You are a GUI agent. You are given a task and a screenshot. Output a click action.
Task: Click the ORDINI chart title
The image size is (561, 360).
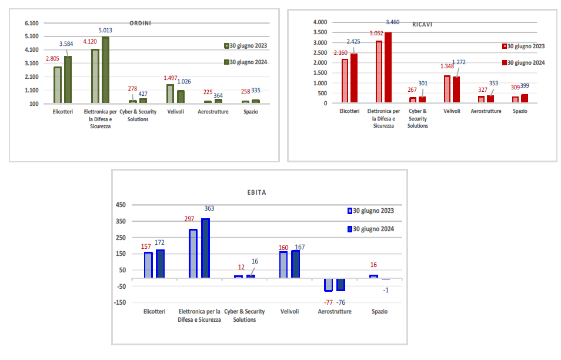(141, 24)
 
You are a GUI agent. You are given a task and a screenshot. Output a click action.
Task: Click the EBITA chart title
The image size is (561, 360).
(257, 192)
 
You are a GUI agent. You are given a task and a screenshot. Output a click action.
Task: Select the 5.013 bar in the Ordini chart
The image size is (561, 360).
(106, 69)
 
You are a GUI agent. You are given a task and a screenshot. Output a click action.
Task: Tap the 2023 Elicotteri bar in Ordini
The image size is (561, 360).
(58, 85)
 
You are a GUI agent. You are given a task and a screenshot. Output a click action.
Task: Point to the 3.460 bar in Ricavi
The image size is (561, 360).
(388, 68)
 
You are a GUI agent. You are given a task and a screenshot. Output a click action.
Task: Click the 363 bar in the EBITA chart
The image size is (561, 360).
(205, 248)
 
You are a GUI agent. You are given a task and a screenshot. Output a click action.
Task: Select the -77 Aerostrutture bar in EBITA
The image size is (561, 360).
(328, 285)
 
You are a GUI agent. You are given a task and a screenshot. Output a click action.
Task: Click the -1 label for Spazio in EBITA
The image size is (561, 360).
(386, 290)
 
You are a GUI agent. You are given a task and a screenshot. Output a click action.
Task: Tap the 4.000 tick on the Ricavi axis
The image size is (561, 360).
(320, 22)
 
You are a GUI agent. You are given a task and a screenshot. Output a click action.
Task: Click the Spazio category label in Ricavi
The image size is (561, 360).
(520, 111)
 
